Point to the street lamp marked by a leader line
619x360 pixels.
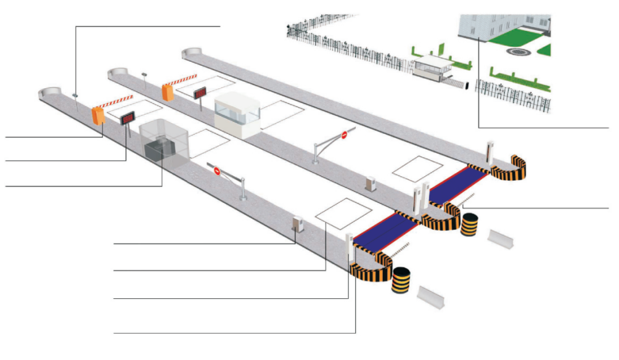75,96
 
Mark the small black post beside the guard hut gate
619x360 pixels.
467,86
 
